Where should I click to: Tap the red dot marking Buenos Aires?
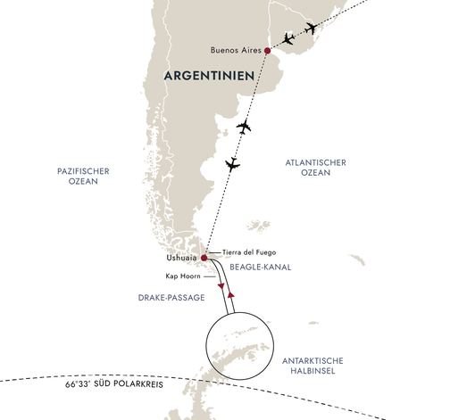(x=267, y=51)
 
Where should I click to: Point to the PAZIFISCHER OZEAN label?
(x=74, y=174)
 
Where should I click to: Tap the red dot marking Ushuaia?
(x=204, y=259)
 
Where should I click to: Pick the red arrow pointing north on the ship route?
(x=231, y=293)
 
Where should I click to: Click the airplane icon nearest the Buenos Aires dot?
(x=287, y=39)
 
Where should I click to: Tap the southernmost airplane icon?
(x=233, y=164)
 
